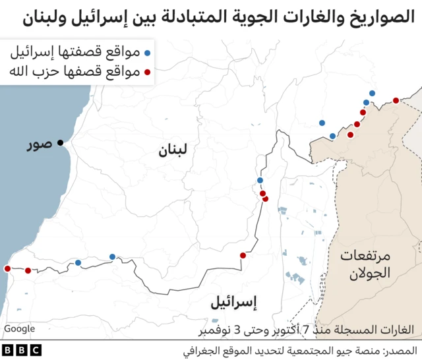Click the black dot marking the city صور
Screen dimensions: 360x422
61,142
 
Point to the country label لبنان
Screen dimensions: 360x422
172,151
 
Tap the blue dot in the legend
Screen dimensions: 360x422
148,52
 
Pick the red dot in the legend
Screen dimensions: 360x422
148,71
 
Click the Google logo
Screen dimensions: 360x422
20,328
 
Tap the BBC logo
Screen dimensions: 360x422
22,350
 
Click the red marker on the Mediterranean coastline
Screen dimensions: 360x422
7,268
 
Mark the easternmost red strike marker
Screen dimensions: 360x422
396,100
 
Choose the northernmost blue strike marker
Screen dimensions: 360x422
373,94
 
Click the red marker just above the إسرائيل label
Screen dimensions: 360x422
243,255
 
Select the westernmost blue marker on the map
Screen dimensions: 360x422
78,262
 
